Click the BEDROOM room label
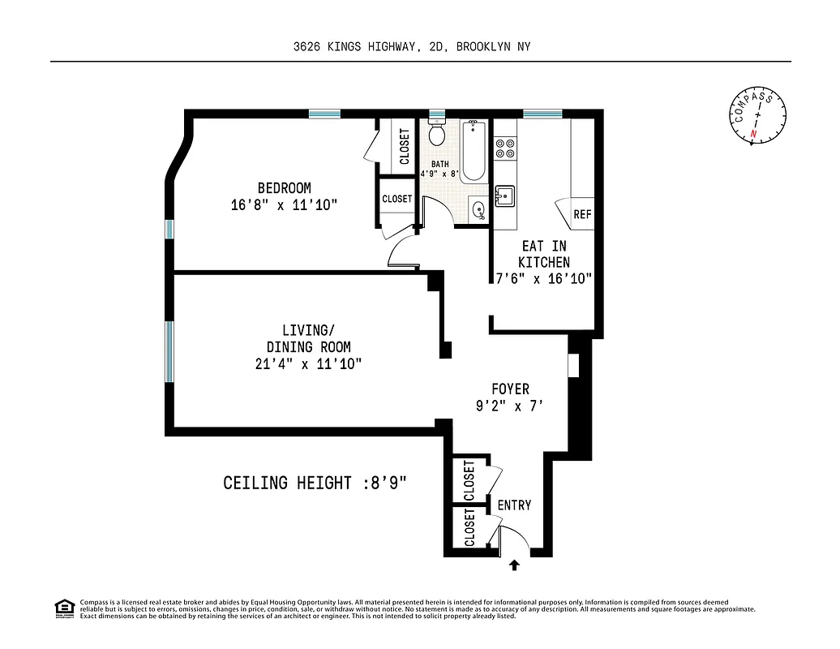pos(284,188)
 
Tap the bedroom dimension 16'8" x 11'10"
pos(284,205)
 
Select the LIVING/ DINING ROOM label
pos(308,338)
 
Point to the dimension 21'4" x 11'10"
pos(308,364)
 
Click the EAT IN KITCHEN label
pos(544,253)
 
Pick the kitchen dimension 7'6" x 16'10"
pos(544,278)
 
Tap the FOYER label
pos(510,389)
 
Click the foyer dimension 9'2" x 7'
pos(510,406)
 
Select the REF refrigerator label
pos(582,215)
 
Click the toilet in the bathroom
pos(437,132)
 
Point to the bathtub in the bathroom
pos(474,150)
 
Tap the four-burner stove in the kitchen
pos(506,147)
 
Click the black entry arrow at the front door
pos(513,565)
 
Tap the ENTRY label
pos(514,505)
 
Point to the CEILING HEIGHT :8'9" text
pos(315,484)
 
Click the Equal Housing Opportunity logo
pos(64,608)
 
